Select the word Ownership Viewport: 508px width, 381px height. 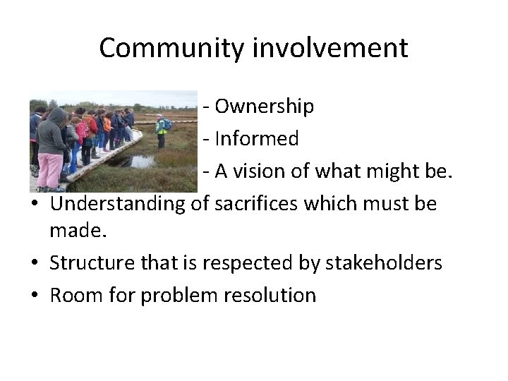point(264,107)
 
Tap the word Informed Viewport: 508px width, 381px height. point(257,139)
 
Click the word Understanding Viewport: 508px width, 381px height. point(118,204)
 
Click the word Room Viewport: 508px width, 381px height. point(73,295)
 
